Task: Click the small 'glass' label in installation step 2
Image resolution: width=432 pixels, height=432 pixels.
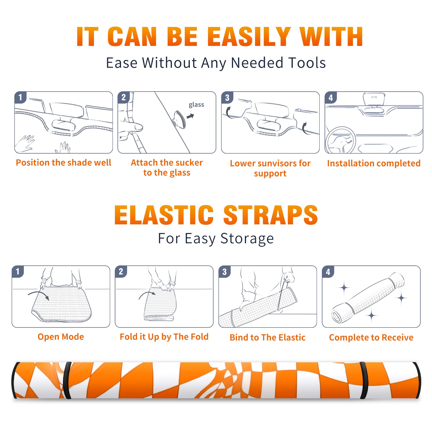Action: pyautogui.click(x=196, y=105)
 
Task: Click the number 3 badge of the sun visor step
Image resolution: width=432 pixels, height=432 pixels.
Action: pyautogui.click(x=227, y=97)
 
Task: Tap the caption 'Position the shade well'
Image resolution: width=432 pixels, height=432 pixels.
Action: pyautogui.click(x=63, y=163)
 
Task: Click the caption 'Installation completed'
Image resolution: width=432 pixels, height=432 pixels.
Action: pyautogui.click(x=374, y=163)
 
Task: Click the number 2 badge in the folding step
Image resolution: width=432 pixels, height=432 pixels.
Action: pyautogui.click(x=121, y=271)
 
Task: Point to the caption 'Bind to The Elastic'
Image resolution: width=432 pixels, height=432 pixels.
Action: pyautogui.click(x=267, y=337)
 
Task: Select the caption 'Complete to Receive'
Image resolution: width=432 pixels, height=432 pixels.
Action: pyautogui.click(x=371, y=337)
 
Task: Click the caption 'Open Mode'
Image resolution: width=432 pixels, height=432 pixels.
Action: pyautogui.click(x=61, y=337)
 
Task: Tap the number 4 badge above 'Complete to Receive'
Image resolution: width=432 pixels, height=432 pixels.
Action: pyautogui.click(x=328, y=272)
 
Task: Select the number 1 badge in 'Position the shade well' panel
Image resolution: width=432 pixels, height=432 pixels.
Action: pyautogui.click(x=20, y=97)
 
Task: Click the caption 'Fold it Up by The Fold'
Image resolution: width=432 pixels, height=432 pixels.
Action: pyautogui.click(x=164, y=337)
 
